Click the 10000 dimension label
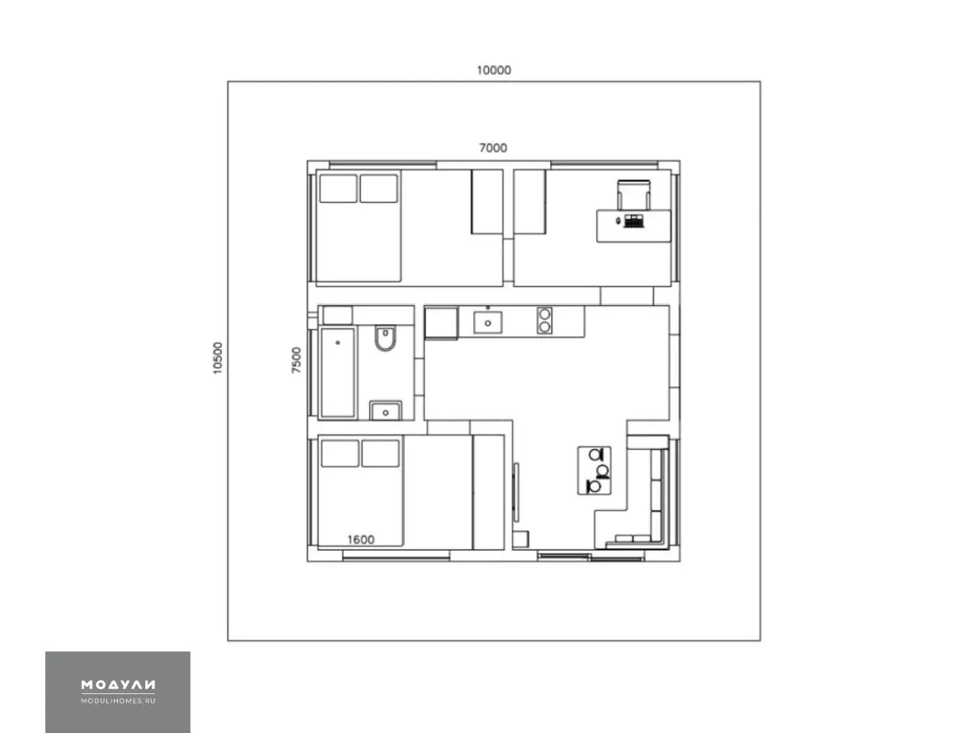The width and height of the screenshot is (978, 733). pos(494,70)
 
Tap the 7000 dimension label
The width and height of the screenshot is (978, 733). pos(493,148)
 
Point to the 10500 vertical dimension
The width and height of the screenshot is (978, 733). pos(218,358)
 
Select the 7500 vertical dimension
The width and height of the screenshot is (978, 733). pos(296,360)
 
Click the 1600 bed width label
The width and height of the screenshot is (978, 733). pos(361,540)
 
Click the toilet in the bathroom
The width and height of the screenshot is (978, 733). pos(385,338)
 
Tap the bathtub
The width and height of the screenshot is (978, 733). pos(338,373)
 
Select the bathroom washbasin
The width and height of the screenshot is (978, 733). pos(385,410)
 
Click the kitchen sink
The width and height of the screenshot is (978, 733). pos(488,321)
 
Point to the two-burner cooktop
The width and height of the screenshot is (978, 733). pos(545,321)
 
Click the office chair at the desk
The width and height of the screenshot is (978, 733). pos(633,195)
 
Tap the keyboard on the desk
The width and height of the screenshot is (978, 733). pos(634,221)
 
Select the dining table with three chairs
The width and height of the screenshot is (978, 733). pos(594,471)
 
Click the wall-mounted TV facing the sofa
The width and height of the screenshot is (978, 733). pos(516,492)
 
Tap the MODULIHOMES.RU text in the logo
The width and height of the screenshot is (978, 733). pos(118,700)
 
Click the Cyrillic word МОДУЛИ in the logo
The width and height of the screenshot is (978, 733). pos(118,684)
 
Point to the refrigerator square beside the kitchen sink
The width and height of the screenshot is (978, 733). pos(441,323)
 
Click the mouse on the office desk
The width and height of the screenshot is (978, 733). pos(618,221)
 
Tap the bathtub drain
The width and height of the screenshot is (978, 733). pos(338,343)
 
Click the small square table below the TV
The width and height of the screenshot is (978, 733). pos(520,539)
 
